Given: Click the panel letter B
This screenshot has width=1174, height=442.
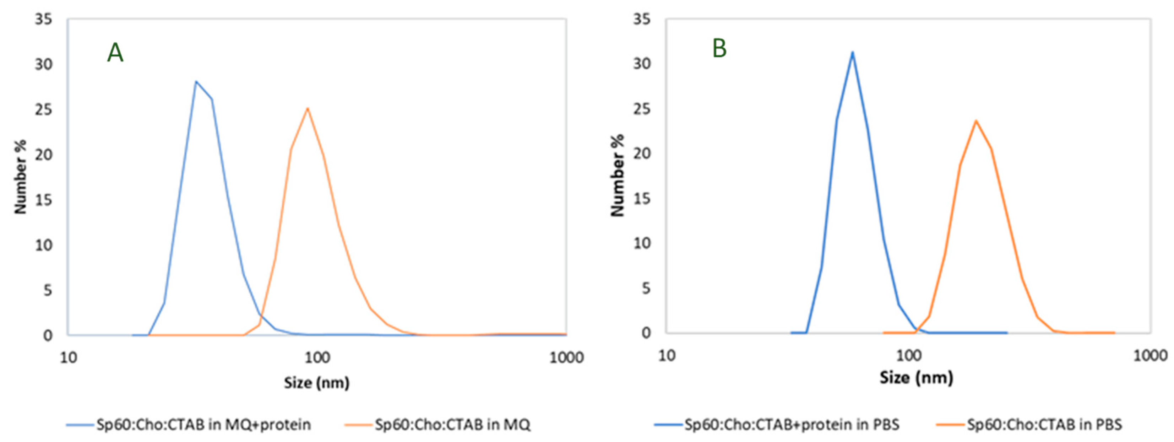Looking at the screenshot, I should pos(719,49).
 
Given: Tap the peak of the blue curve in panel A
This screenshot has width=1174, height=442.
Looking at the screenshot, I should pos(196,82).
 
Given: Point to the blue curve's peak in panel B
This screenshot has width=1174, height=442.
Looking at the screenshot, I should pos(852,53).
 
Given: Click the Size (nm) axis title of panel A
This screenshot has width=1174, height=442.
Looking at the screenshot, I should pos(317,382).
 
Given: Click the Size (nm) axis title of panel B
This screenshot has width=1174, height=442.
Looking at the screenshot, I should pos(916,378).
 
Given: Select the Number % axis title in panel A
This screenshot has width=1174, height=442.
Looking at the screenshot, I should pos(21,177).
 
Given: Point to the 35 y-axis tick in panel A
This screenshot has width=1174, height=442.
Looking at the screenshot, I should pos(43,20).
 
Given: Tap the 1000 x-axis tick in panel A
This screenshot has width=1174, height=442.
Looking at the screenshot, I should pos(566,357).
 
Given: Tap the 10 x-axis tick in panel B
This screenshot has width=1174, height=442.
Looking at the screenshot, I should pos(667,355).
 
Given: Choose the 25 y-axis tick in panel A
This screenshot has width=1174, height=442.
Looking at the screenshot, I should pos(43,110).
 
